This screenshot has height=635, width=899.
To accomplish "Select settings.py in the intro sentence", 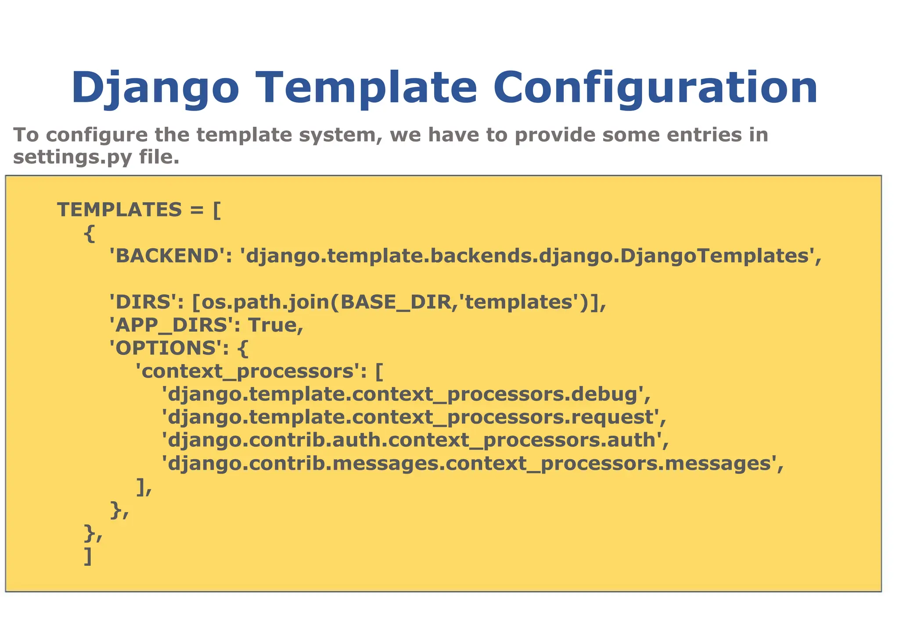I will [72, 157].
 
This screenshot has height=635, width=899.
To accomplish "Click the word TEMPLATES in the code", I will [119, 210].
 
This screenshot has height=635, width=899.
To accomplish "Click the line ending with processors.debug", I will [406, 394].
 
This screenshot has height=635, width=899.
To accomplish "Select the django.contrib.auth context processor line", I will [415, 440].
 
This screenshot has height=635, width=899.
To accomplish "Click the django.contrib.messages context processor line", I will [472, 464].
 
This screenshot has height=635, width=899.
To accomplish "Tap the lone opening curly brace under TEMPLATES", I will [89, 233].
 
